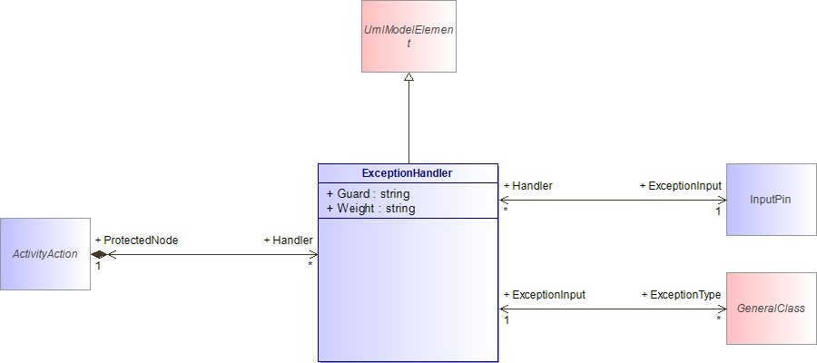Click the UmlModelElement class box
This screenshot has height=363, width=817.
409,36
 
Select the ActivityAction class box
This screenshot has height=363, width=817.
45,254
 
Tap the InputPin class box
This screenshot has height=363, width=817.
771,200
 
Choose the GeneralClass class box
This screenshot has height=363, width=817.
771,309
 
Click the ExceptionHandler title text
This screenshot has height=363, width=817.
407,173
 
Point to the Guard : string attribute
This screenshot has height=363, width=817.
368,194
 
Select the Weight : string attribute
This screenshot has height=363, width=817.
370,209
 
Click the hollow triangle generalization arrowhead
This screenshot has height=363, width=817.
409,76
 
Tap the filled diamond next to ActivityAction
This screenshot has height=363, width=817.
99,255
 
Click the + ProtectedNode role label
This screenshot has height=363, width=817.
136,240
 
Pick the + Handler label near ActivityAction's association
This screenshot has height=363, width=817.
288,240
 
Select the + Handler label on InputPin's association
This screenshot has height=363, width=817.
527,185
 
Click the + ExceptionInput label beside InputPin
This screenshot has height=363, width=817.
681,185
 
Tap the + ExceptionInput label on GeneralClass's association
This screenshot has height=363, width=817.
545,295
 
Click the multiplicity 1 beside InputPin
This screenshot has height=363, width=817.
717,211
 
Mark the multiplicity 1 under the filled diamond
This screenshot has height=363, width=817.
97,266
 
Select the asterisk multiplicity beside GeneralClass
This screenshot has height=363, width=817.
719,319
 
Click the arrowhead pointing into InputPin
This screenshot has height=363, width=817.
723,200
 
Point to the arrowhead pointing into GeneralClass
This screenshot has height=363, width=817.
723,309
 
